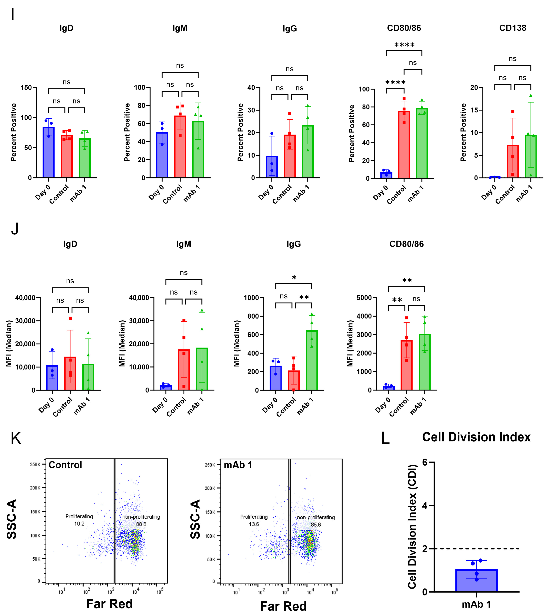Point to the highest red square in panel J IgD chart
70,318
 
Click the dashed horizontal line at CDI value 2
483,549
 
